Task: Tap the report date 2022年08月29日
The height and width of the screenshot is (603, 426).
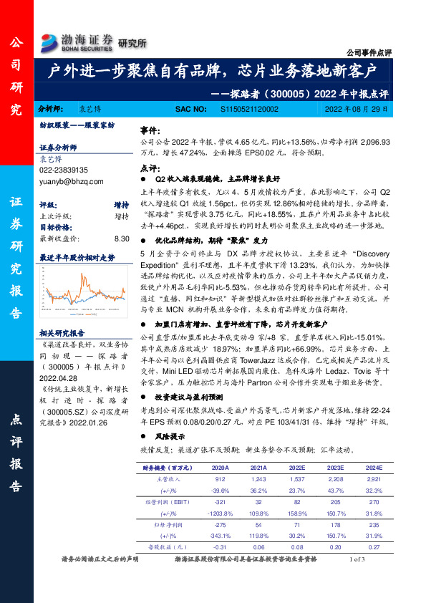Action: coord(356,109)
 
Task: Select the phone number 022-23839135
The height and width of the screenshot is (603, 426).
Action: coord(63,170)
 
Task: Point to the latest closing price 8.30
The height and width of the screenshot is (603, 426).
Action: coord(121,238)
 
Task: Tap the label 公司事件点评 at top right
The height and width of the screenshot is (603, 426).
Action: coord(369,52)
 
